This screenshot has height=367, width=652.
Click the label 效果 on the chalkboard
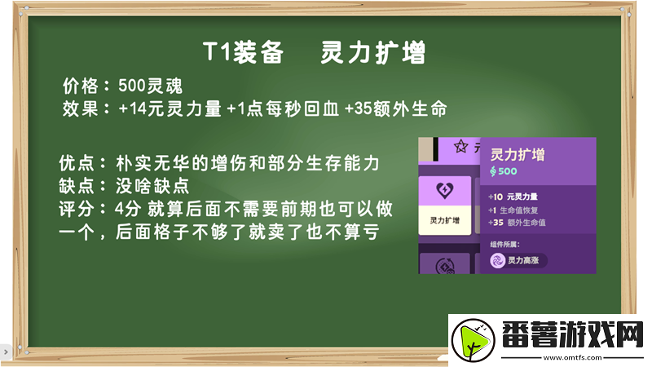click(x=81, y=108)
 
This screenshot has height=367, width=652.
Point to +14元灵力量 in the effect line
click(x=170, y=108)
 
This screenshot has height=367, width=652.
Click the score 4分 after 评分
click(x=130, y=209)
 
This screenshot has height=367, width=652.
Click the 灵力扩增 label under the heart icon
click(x=444, y=221)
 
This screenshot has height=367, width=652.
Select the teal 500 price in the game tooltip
click(x=504, y=171)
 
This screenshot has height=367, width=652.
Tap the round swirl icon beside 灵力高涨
click(x=497, y=260)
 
